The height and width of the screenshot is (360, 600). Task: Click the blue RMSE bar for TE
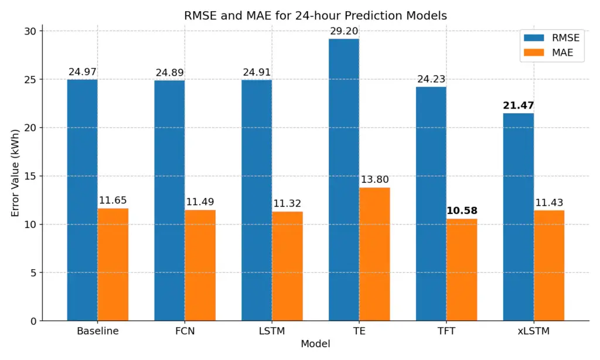pyautogui.click(x=344, y=179)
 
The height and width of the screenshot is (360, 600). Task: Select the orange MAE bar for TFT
pyautogui.click(x=462, y=270)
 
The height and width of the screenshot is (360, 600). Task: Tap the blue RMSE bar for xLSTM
pyautogui.click(x=519, y=217)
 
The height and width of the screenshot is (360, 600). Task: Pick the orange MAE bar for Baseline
pyautogui.click(x=112, y=264)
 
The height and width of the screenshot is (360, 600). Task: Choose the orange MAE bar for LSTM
pyautogui.click(x=287, y=266)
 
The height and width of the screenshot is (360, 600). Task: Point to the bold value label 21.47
pyautogui.click(x=519, y=106)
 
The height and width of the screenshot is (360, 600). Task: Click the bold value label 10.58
pyautogui.click(x=462, y=210)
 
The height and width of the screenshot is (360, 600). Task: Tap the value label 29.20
pyautogui.click(x=344, y=31)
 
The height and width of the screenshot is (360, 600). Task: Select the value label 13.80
pyautogui.click(x=374, y=179)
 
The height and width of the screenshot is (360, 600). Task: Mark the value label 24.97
pyautogui.click(x=83, y=72)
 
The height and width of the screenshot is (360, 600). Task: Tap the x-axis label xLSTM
pyautogui.click(x=534, y=331)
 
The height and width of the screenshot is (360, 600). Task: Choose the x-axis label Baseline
pyautogui.click(x=98, y=331)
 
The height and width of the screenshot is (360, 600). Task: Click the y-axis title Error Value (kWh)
pyautogui.click(x=15, y=176)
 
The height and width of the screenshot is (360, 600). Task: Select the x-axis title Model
pyautogui.click(x=315, y=344)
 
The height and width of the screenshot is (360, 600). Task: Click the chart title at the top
pyautogui.click(x=315, y=16)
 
